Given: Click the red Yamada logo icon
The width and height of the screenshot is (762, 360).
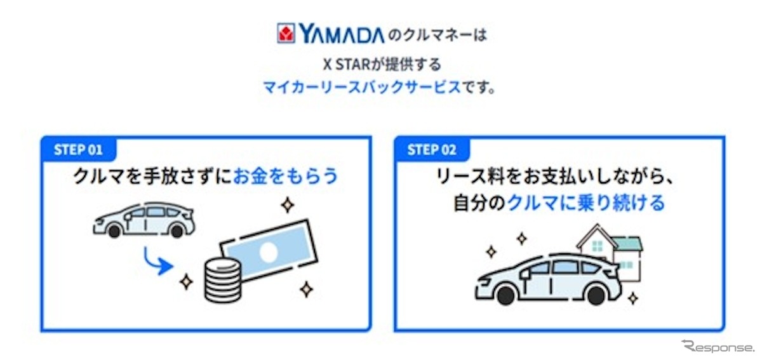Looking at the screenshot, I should (285, 34).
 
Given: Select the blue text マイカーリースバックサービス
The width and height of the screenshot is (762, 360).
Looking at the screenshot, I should (362, 88).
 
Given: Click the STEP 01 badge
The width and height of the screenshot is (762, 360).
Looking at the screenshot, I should (77, 150).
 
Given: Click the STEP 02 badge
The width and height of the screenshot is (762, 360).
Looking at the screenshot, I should (432, 150).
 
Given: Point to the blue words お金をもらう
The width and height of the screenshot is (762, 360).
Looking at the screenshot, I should (286, 176).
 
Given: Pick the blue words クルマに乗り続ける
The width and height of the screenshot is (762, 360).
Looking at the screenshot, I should (586, 203).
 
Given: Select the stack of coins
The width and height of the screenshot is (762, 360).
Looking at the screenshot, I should (222, 280).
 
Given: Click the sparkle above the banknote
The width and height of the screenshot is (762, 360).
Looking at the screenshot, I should (288, 204).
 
